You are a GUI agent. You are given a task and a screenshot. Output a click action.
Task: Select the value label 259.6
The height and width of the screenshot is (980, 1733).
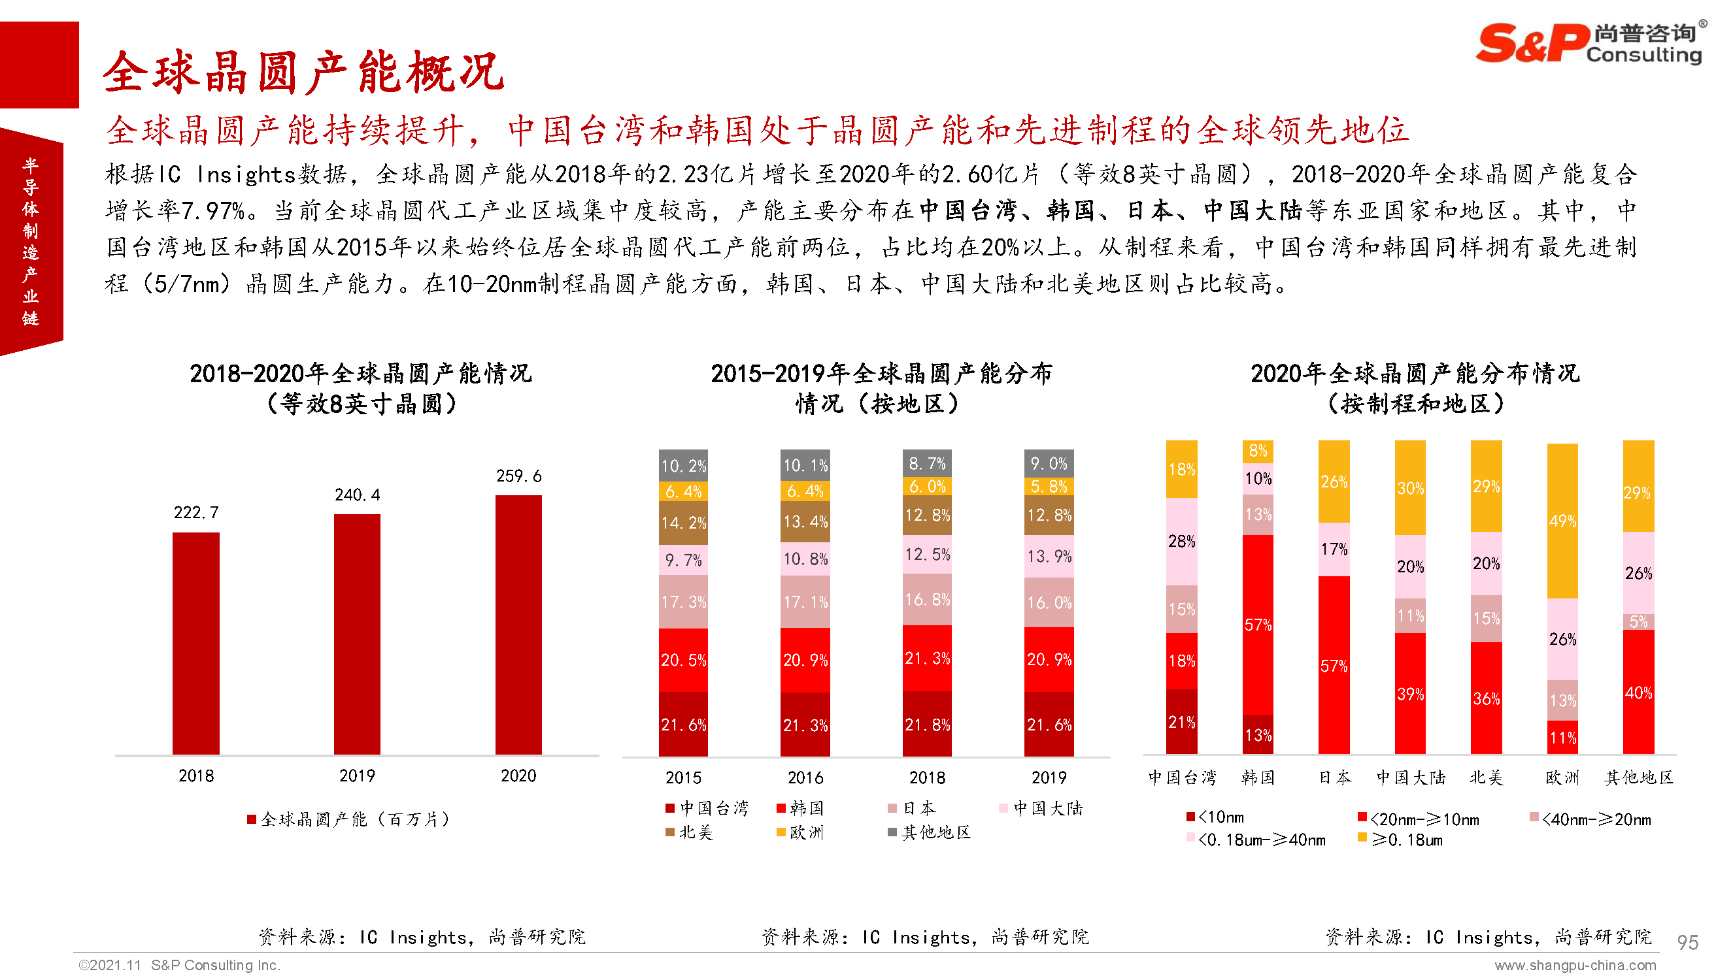[x=518, y=476]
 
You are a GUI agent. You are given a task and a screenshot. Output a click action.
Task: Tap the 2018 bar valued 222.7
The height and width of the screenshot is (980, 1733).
[x=196, y=643]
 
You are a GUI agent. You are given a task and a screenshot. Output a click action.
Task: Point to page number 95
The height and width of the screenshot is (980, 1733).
[x=1687, y=941]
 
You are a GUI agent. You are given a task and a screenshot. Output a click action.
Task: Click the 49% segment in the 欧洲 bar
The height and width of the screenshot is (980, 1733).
[x=1562, y=520]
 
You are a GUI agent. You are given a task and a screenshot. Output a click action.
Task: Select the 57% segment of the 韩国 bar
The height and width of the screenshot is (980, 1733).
[x=1258, y=624]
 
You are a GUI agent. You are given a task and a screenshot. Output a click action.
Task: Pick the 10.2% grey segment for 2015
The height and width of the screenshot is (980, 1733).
[x=683, y=465]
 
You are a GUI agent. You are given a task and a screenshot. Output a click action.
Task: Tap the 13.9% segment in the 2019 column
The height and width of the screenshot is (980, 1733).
[x=1049, y=556]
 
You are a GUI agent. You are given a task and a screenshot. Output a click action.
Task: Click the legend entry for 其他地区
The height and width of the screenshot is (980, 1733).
[x=929, y=832]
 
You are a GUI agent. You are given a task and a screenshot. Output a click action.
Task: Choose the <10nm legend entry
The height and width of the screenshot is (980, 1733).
[x=1215, y=817]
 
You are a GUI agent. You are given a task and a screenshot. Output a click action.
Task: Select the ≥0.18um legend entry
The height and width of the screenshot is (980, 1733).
[x=1400, y=840]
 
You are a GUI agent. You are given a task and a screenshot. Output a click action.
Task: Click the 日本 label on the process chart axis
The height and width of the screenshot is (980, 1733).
[x=1334, y=777]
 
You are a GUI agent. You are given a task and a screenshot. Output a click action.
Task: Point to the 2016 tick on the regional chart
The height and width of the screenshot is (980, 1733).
[x=805, y=777]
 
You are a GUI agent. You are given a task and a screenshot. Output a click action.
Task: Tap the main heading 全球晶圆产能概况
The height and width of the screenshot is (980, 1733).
[x=303, y=72]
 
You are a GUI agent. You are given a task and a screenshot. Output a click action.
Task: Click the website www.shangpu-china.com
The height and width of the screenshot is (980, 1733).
[x=1575, y=965]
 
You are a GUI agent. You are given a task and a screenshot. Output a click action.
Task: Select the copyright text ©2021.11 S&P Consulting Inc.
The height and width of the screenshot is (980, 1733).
[x=179, y=965]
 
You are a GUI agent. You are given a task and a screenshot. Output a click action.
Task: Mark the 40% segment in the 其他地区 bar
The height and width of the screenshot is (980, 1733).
[x=1638, y=692]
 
